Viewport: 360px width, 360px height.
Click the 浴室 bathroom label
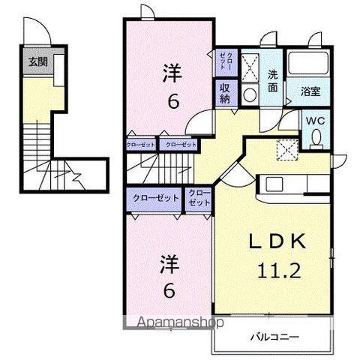(310, 93)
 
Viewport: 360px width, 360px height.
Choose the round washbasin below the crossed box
(249, 94)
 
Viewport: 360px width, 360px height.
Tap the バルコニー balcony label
(271, 337)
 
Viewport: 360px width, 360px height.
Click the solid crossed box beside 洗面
(250, 63)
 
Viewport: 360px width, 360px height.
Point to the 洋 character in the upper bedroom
(172, 73)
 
